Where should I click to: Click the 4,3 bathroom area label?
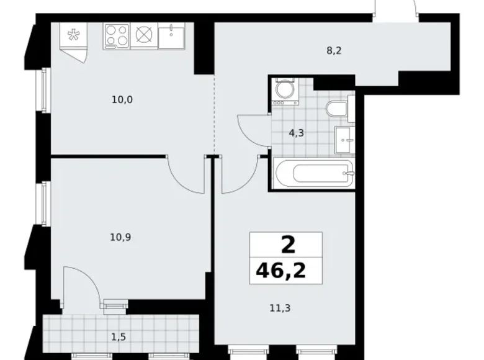tap(294, 132)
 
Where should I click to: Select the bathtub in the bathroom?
tap(313, 172)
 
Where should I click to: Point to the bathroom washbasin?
tap(344, 139)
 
